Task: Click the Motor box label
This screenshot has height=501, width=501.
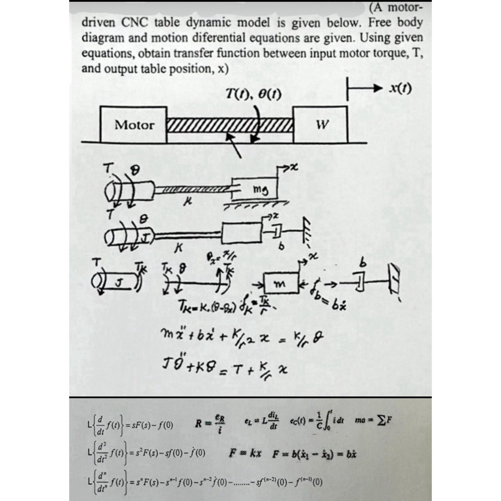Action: pos(134,125)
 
